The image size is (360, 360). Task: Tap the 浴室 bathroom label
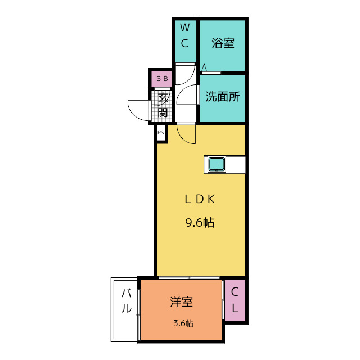pyautogui.click(x=223, y=43)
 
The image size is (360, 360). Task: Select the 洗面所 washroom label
pyautogui.click(x=223, y=97)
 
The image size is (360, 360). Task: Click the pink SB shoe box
pyautogui.click(x=161, y=79)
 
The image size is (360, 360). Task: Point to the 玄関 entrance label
pyautogui.click(x=163, y=105)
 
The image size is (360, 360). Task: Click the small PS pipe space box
pyautogui.click(x=161, y=133)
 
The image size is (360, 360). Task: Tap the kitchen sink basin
pyautogui.click(x=217, y=164)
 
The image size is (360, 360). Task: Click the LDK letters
pyautogui.click(x=200, y=199)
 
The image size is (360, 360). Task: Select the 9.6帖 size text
pyautogui.click(x=200, y=223)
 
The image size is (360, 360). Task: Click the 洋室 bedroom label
pyautogui.click(x=181, y=301)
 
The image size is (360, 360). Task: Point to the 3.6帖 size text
pyautogui.click(x=183, y=323)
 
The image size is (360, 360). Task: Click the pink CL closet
pyautogui.click(x=235, y=300)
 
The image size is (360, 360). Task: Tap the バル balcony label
pyautogui.click(x=126, y=301)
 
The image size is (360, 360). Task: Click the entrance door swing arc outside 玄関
pyautogui.click(x=133, y=114)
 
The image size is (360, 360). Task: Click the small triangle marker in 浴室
pyautogui.click(x=204, y=68)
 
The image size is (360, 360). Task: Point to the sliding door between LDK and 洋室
pyautogui.click(x=189, y=278)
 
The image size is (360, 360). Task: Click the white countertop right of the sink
pyautogui.click(x=235, y=164)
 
